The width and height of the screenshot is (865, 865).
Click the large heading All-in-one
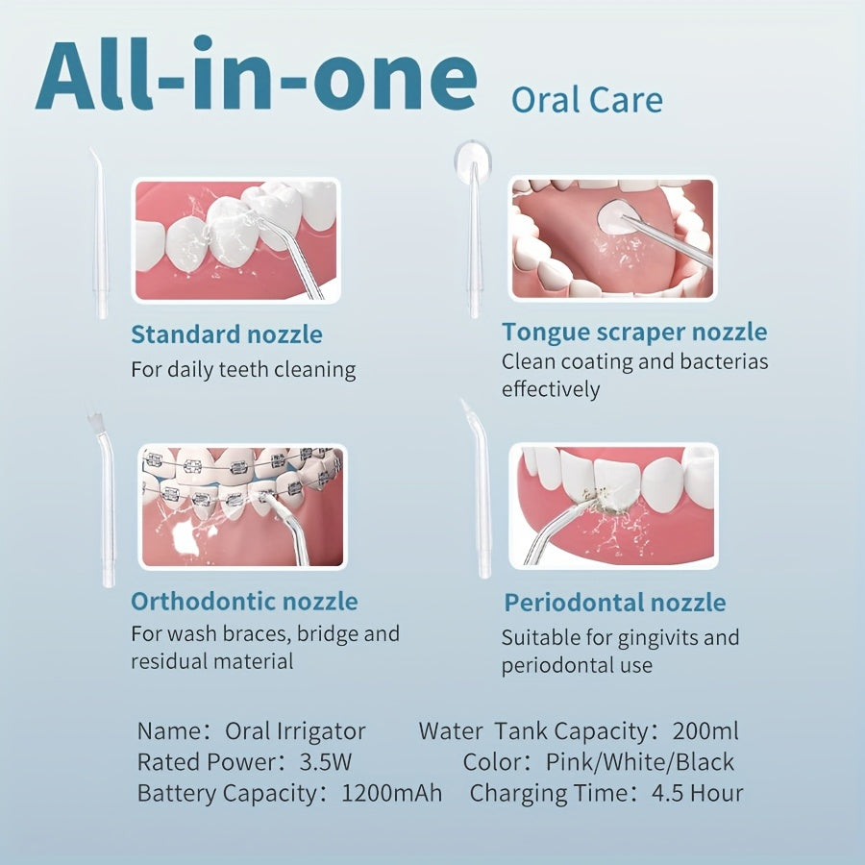257,73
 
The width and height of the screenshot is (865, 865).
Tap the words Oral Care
587,100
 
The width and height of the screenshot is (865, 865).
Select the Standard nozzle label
227,334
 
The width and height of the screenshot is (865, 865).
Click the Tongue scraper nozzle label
634,333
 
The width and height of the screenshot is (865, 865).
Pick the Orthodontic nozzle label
244,601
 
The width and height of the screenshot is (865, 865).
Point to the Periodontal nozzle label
615,603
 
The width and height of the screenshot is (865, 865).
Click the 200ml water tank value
705,731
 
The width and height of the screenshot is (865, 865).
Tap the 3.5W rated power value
325,762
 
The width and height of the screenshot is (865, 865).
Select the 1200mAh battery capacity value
392,793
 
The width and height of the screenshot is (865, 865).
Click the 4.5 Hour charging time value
698,793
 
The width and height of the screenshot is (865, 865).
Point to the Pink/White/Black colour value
640,762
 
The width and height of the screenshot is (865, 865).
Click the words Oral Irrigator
295,731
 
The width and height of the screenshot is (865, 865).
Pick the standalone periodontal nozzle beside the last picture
480,491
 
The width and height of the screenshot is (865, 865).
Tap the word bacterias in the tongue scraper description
724,361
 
